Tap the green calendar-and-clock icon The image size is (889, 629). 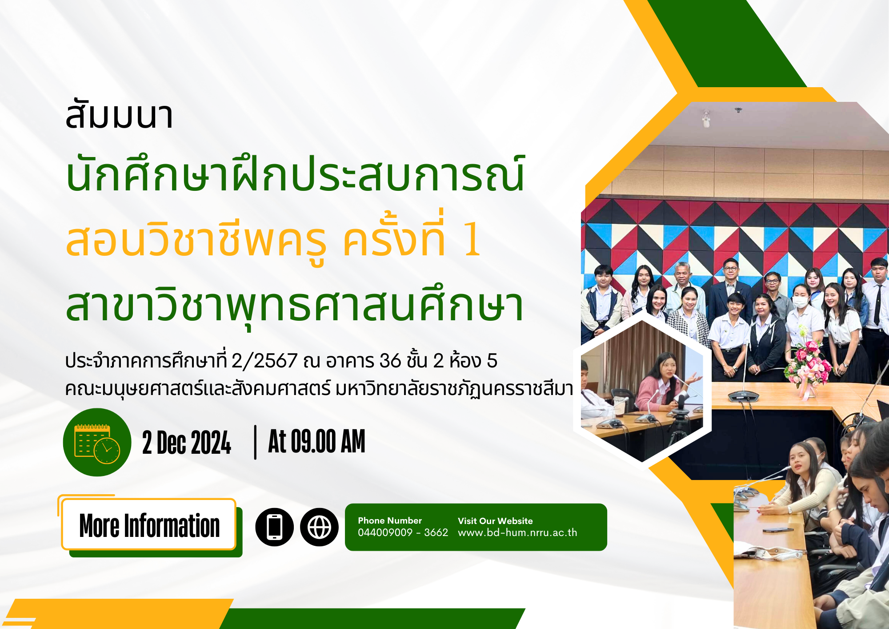tap(97, 442)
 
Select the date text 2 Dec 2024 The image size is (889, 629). tap(187, 443)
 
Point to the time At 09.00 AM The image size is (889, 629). tap(316, 441)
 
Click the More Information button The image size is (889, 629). tap(149, 524)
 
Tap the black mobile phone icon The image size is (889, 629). tap(274, 527)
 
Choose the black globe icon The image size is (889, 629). tap(319, 527)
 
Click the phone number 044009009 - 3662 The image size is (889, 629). tap(403, 532)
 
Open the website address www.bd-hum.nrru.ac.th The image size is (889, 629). tap(517, 532)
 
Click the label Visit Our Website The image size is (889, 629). tap(495, 521)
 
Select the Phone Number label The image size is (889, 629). tap(390, 520)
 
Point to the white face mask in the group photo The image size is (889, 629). tap(801, 302)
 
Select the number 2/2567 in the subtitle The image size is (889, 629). tap(264, 361)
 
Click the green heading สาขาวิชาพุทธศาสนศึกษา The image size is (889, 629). tap(294, 307)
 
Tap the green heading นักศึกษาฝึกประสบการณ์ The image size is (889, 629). tap(295, 173)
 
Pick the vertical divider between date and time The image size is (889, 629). tap(255, 442)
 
